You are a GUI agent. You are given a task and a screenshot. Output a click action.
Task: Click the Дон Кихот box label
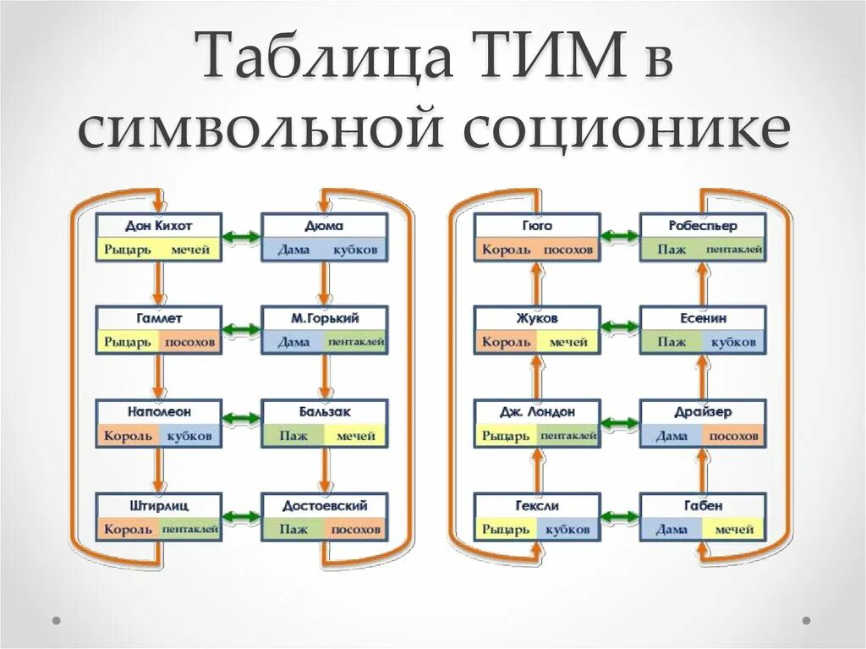158,227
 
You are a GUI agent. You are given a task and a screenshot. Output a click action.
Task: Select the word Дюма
325,227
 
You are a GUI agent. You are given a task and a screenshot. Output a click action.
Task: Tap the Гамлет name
158,319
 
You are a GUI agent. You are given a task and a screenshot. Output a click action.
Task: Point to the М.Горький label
325,319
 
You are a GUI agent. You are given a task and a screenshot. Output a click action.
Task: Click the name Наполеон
158,412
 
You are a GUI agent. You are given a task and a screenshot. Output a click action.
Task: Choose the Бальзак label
325,412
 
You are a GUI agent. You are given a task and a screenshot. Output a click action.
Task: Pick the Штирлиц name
158,505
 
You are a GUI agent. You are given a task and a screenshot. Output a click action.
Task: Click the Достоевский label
325,505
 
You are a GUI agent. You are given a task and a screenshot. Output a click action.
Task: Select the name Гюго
536,226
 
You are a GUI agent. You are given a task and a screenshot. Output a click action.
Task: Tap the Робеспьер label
702,226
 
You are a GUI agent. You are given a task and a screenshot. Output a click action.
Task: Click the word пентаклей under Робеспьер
734,250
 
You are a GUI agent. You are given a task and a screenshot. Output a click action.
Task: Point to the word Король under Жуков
507,343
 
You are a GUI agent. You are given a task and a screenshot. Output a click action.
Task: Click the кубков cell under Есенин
732,343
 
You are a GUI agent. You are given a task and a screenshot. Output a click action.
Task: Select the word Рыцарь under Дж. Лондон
507,436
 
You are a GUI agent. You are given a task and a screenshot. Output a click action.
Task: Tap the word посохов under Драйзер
732,436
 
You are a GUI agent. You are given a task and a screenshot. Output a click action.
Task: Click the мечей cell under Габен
732,530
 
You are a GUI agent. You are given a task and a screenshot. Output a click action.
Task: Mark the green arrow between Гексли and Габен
620,516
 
